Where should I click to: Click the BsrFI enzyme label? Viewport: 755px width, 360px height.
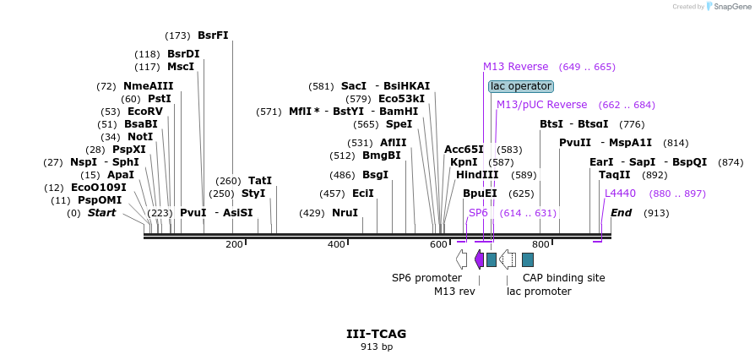pyautogui.click(x=213, y=35)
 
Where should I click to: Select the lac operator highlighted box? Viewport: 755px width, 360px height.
pyautogui.click(x=521, y=86)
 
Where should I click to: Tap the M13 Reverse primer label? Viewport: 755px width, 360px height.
pyautogui.click(x=515, y=67)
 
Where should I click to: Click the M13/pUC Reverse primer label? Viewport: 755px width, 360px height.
pyautogui.click(x=541, y=105)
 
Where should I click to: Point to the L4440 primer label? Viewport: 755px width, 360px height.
pyautogui.click(x=620, y=194)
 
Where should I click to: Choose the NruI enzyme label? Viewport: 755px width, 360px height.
pyautogui.click(x=345, y=213)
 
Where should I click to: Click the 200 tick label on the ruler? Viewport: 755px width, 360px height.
pyautogui.click(x=234, y=245)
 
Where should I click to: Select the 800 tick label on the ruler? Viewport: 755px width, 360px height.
pyautogui.click(x=541, y=245)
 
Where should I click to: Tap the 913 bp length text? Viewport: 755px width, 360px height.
pyautogui.click(x=377, y=346)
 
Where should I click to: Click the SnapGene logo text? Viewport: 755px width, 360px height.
pyautogui.click(x=731, y=7)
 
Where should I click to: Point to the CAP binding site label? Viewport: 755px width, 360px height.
pyautogui.click(x=563, y=277)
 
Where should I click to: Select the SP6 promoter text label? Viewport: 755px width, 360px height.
pyautogui.click(x=426, y=277)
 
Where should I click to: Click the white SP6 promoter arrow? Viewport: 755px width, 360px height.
pyautogui.click(x=461, y=259)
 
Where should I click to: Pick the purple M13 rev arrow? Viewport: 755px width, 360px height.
pyautogui.click(x=479, y=259)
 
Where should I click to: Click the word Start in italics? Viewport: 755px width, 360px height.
pyautogui.click(x=101, y=213)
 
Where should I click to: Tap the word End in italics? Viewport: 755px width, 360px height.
pyautogui.click(x=622, y=213)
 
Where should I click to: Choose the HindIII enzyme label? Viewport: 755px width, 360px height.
pyautogui.click(x=477, y=175)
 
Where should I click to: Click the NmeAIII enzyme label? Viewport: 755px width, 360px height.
pyautogui.click(x=148, y=86)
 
